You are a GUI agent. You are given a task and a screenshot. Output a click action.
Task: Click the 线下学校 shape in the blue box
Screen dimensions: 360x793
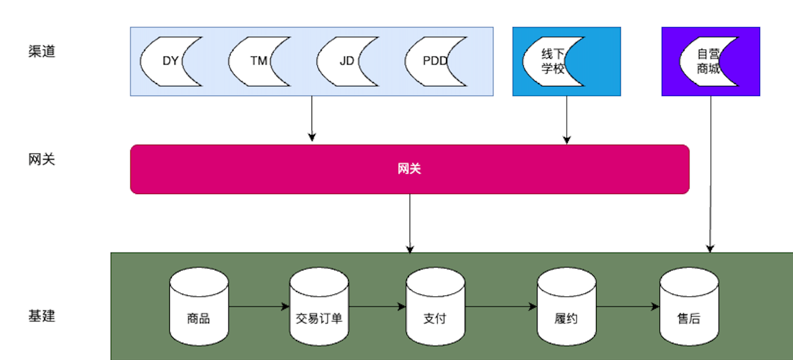548,62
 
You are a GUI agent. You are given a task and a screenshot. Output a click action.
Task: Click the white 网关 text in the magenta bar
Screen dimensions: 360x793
409,169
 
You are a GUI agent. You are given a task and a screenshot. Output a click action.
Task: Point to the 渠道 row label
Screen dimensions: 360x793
42,51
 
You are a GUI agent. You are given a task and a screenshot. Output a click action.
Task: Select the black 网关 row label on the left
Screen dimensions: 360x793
42,159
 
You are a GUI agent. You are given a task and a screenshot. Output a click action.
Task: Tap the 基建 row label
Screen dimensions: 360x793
42,316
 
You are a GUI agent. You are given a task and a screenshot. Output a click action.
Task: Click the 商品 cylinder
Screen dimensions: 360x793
199,311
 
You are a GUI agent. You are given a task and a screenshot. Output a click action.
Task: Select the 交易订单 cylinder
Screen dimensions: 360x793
319,311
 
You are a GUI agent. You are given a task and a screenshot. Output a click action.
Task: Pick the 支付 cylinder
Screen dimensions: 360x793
435,311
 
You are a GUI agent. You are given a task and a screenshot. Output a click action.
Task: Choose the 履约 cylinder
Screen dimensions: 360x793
566,311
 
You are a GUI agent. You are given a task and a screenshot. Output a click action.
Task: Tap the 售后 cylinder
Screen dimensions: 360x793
689,311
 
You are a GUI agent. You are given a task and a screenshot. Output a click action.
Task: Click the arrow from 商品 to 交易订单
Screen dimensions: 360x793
259,307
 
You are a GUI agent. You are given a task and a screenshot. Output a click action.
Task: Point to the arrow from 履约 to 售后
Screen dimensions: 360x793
628,307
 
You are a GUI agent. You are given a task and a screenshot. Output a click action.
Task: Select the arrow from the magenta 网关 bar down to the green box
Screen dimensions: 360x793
410,223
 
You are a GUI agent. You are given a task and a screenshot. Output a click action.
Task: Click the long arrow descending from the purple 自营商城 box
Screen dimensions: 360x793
710,175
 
